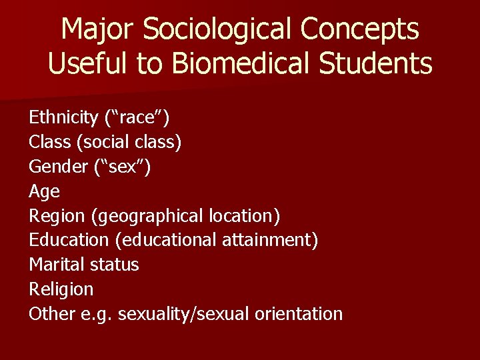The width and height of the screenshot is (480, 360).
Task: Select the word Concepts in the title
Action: point(359,29)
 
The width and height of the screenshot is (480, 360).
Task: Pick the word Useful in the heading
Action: point(83,64)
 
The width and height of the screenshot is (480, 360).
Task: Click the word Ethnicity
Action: point(63,118)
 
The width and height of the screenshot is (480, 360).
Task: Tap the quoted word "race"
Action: point(137,118)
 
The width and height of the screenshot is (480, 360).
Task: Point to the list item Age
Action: point(44,192)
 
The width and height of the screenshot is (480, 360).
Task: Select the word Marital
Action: point(55,265)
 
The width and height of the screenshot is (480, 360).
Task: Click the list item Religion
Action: point(61,289)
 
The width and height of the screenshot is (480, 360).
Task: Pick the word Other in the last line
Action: point(51,313)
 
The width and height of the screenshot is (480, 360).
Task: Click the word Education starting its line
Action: point(68,240)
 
